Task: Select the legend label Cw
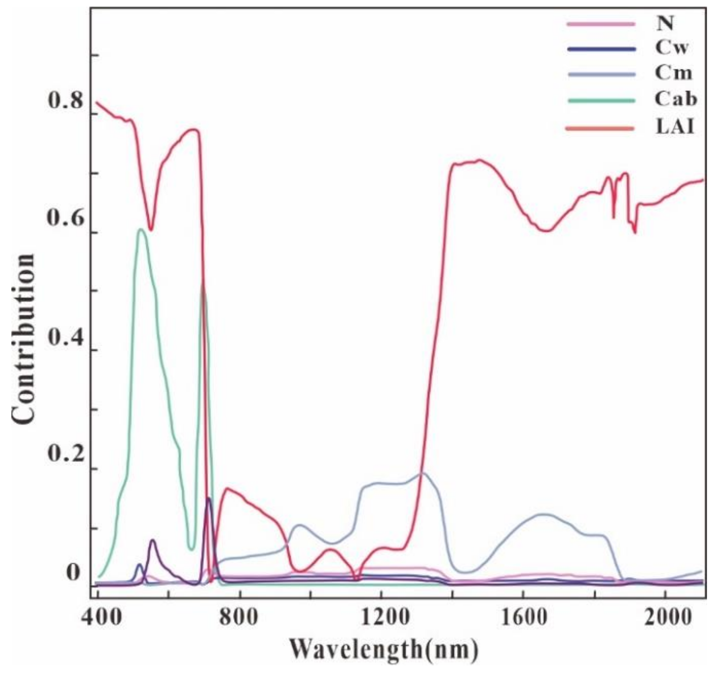(x=671, y=49)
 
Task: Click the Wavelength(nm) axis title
(x=384, y=650)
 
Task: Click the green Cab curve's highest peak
(x=141, y=229)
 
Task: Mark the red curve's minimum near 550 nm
(x=151, y=230)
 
